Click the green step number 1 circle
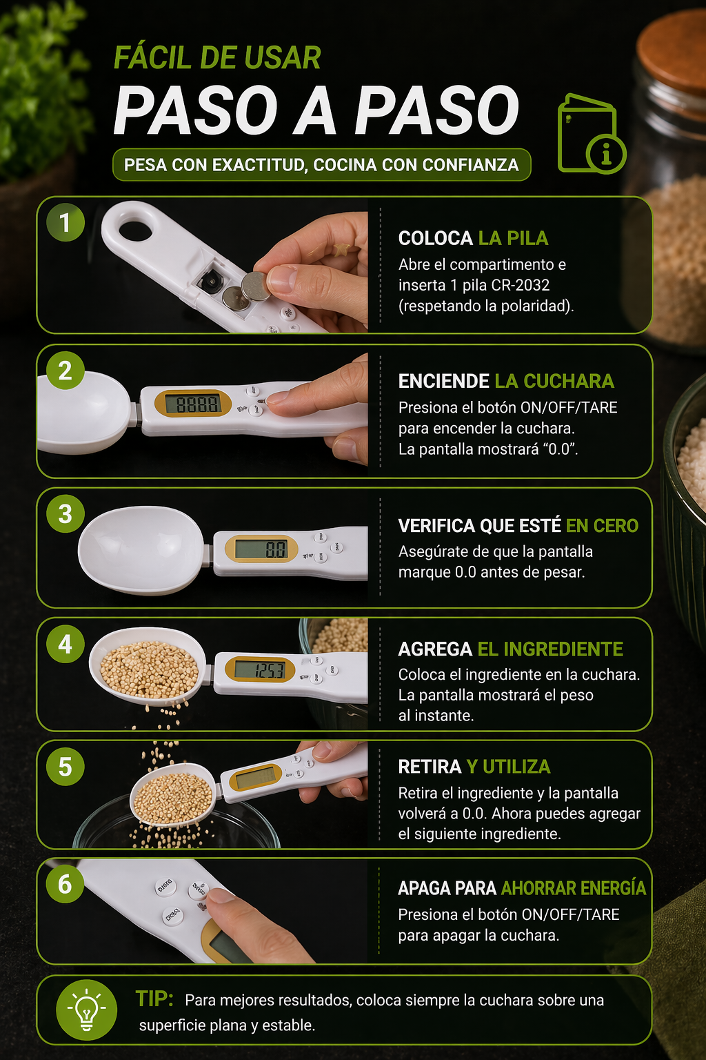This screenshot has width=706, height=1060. (65, 222)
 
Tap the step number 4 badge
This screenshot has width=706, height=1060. (65, 644)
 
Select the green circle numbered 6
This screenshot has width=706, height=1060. (65, 884)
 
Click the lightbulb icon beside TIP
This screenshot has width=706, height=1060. (87, 1010)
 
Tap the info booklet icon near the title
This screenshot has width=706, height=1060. (591, 133)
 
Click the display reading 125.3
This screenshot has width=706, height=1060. (260, 669)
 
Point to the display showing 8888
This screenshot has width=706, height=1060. (192, 404)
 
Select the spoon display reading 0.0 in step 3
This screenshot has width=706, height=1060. (261, 549)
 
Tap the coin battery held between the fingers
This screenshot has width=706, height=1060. (255, 286)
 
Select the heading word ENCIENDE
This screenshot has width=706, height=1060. (443, 381)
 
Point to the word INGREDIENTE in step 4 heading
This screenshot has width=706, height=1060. (550, 649)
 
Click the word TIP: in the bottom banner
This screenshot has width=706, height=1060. (154, 999)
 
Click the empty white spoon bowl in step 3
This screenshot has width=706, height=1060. (141, 550)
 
